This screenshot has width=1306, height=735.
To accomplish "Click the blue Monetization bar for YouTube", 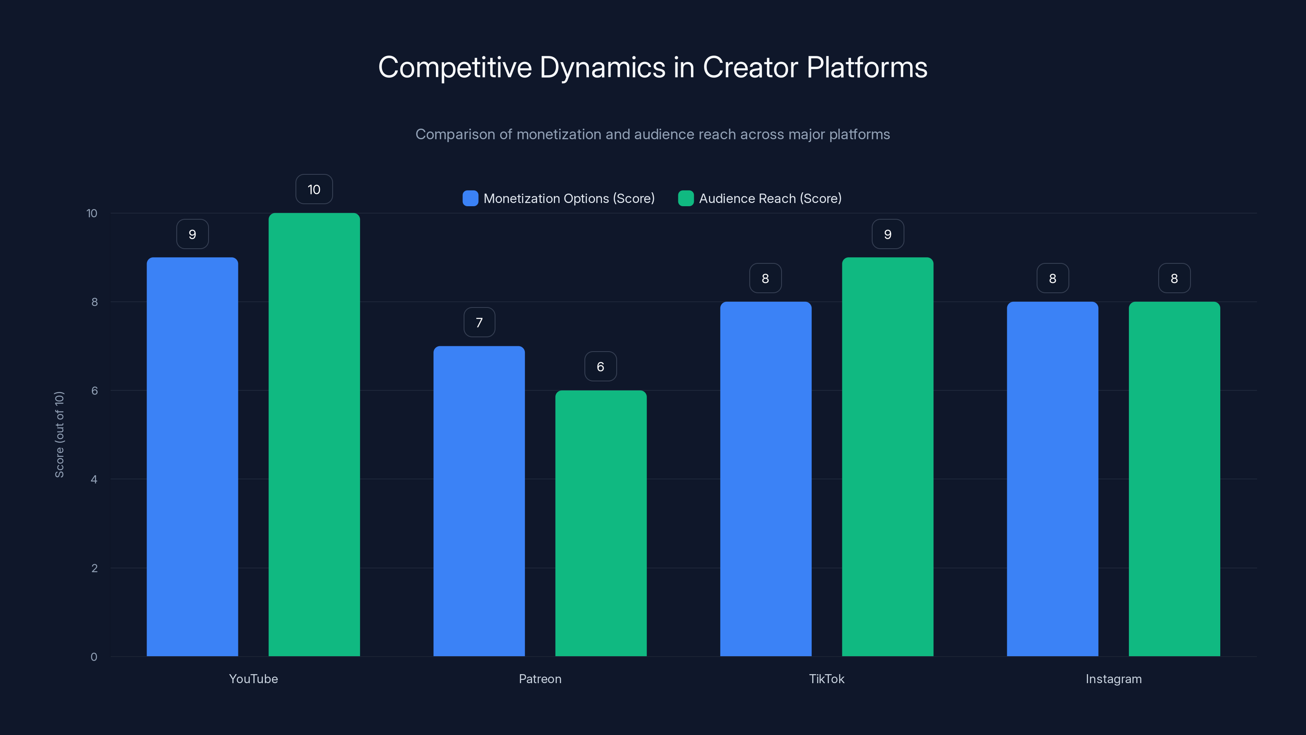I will coord(192,457).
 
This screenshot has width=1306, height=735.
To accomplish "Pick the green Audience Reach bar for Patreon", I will coord(601,523).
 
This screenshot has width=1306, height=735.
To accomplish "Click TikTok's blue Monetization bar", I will coord(766,479).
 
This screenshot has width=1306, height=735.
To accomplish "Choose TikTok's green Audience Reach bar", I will coord(887,457).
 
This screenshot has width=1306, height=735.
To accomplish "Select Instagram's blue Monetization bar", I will coord(1053,479).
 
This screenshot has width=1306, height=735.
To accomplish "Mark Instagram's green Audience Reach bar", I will coord(1174,479).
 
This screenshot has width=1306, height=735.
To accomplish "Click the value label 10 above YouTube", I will coord(314,189).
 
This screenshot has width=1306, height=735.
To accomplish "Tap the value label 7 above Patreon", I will coord(479,322).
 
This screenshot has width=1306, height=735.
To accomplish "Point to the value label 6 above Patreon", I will coord(600,366).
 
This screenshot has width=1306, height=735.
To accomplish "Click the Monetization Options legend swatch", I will coord(471,198).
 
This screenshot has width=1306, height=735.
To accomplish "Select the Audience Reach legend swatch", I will coord(686,198).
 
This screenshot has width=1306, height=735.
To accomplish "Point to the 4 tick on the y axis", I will coord(94,479).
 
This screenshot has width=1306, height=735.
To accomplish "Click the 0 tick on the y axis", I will coord(94,657).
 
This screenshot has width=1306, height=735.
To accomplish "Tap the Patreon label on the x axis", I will coord(540,679).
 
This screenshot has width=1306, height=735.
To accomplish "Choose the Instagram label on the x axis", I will coord(1113,679).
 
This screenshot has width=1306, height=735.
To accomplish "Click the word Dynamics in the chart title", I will coord(602,67).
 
